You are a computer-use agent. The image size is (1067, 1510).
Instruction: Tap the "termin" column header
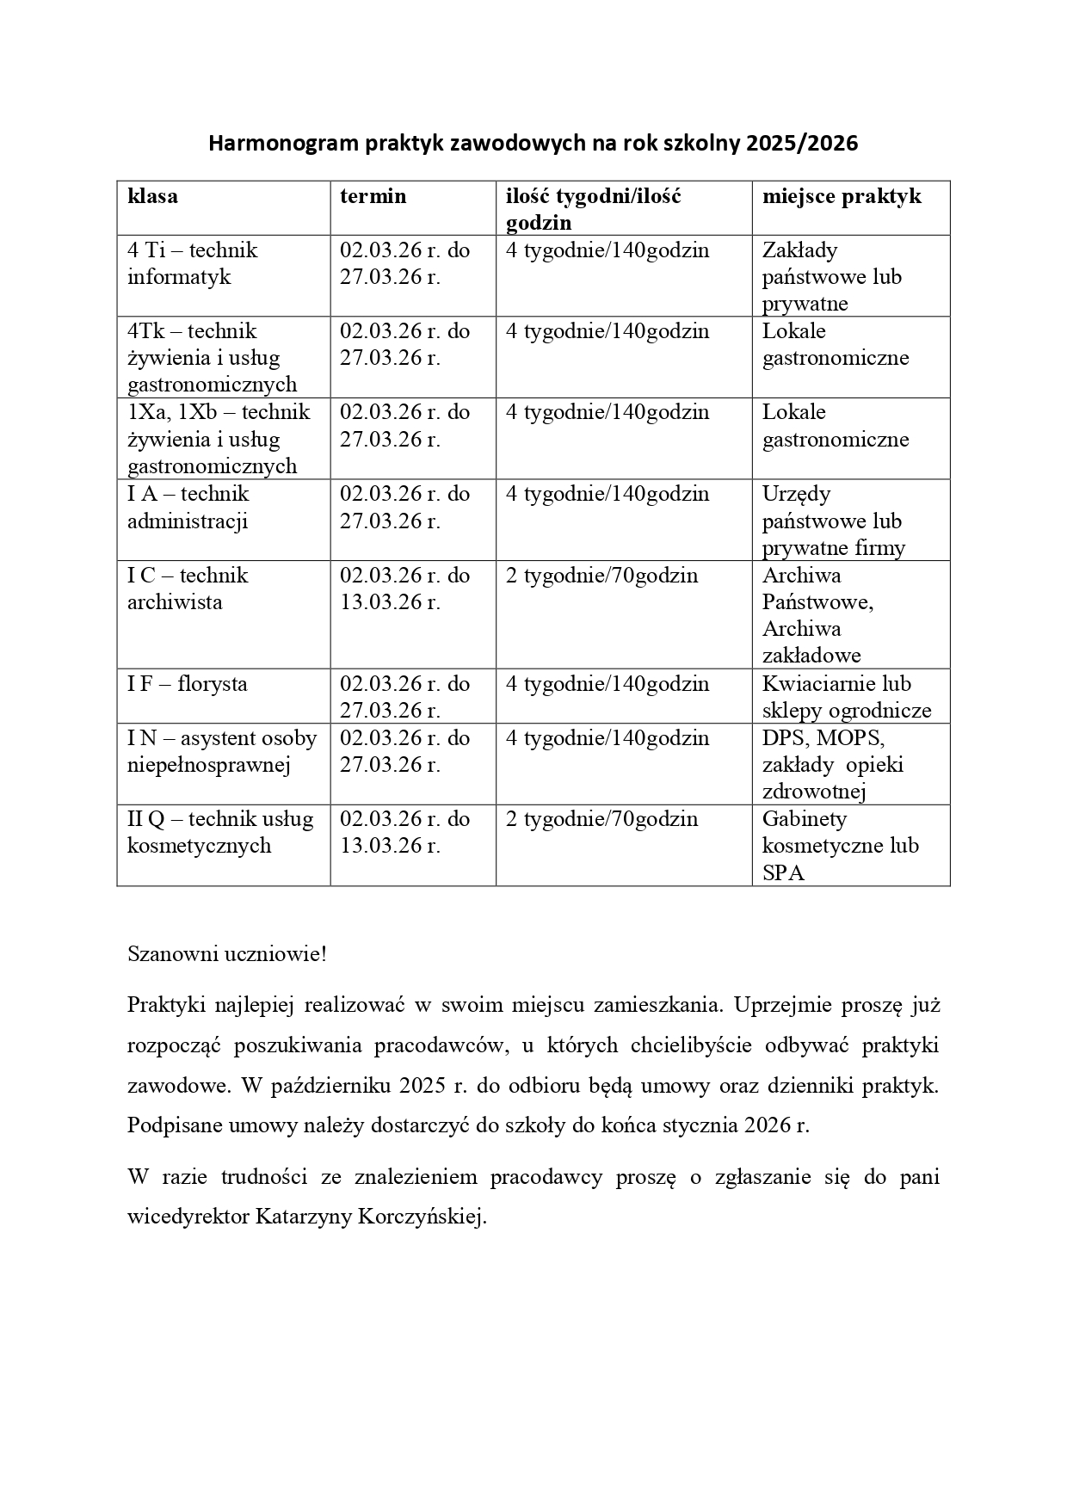pyautogui.click(x=373, y=196)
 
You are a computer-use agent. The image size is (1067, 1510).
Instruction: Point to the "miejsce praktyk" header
pyautogui.click(x=841, y=196)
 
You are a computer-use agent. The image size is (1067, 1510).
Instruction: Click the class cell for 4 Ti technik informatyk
pyautogui.click(x=192, y=263)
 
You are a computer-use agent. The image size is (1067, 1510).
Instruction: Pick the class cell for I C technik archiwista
pyautogui.click(x=188, y=589)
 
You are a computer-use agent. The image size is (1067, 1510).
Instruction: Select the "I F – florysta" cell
pyautogui.click(x=187, y=684)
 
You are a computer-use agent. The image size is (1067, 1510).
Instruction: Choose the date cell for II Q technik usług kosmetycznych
pyautogui.click(x=404, y=832)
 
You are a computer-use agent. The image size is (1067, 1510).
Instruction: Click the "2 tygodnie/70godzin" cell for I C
pyautogui.click(x=601, y=576)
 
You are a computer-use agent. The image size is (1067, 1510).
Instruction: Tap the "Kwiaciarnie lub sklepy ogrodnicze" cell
pyautogui.click(x=846, y=697)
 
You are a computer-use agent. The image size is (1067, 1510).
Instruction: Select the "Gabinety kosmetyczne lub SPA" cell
pyautogui.click(x=840, y=845)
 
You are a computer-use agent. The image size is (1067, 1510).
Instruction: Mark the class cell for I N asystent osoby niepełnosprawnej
pyautogui.click(x=222, y=751)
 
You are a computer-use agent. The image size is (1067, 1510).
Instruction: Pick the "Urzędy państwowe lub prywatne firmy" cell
pyautogui.click(x=833, y=521)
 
